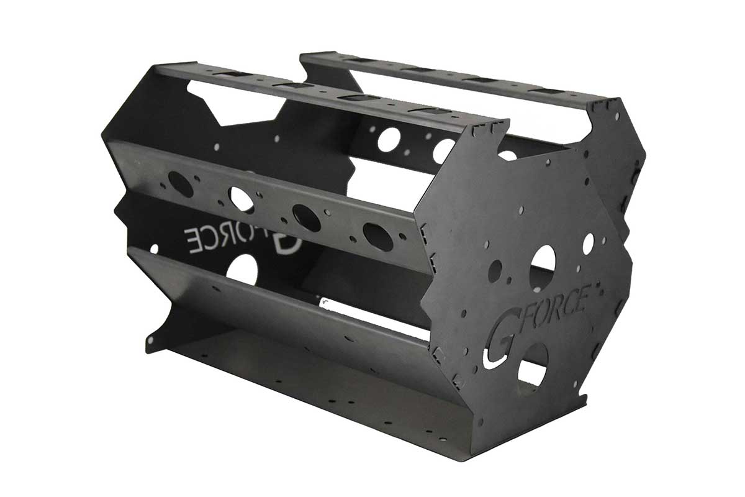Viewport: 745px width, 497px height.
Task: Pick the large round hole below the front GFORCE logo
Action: click(533, 365)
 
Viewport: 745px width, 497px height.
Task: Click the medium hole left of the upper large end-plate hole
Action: click(495, 269)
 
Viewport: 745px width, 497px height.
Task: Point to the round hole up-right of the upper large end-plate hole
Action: click(587, 244)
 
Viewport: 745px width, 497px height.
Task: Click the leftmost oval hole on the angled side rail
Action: click(180, 184)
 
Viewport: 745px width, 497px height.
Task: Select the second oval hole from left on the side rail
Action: click(242, 199)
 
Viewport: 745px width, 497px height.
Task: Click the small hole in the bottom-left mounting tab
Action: click(150, 340)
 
